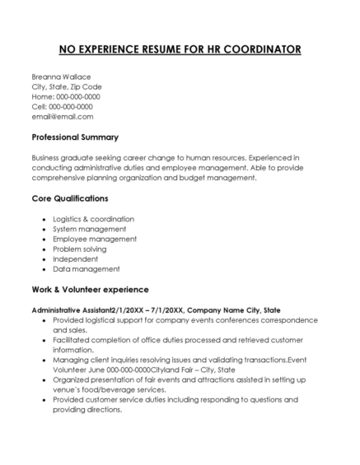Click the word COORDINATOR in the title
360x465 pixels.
257,49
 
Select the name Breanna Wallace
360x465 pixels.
62,77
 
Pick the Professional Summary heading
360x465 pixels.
75,137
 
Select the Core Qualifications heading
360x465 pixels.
69,198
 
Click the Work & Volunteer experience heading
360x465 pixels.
90,290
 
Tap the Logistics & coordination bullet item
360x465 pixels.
93,219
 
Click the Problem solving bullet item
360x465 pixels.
80,249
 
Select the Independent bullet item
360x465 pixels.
76,258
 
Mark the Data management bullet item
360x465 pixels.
86,268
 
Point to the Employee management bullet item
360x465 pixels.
95,239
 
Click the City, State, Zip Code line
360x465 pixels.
67,86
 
